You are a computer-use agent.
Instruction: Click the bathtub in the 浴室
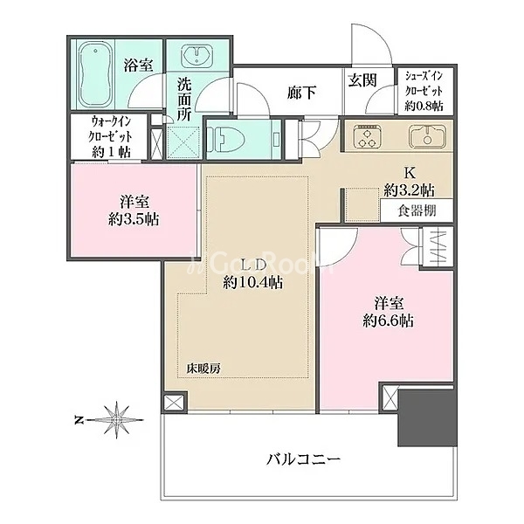point(95,74)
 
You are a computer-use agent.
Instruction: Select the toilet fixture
point(226,139)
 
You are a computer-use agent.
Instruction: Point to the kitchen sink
point(427,136)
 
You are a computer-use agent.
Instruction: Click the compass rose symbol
point(117,419)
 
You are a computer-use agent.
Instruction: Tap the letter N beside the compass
point(79,420)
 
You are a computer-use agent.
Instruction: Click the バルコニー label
point(303,459)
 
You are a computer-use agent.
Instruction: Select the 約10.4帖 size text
point(253,283)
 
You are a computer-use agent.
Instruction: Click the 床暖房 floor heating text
point(203,369)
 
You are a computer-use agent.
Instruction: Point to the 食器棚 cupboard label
point(417,210)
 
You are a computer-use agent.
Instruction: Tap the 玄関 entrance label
point(362,80)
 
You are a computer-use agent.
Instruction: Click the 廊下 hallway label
point(301,93)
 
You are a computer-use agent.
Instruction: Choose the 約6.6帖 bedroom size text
point(389,321)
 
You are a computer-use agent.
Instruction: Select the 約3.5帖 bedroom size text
point(134,219)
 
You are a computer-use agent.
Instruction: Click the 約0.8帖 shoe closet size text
point(424,106)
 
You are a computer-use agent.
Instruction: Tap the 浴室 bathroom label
point(138,65)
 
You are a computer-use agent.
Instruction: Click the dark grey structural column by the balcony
point(427,417)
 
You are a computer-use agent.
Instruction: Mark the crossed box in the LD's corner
point(175,403)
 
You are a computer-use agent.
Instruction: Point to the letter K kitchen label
point(410,173)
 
